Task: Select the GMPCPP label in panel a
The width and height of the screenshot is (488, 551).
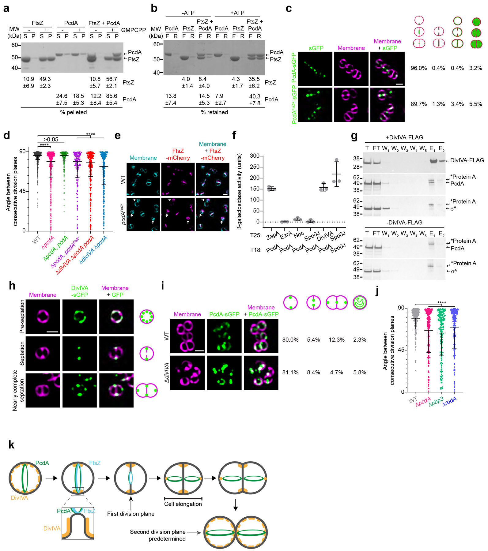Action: click(134, 30)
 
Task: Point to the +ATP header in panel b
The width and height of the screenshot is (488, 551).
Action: click(237, 13)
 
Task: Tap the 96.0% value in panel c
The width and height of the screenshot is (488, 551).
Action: click(418, 68)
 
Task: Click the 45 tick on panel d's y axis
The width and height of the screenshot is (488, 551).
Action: click(22, 191)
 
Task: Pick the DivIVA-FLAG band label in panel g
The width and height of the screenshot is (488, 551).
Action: click(467, 160)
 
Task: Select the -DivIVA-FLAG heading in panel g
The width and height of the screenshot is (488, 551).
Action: click(404, 223)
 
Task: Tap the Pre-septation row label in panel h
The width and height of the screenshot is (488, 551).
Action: click(22, 317)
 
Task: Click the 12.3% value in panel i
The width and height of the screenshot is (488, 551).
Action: click(336, 340)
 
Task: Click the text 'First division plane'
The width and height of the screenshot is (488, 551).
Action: click(131, 514)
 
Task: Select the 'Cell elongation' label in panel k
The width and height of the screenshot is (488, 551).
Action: click(183, 504)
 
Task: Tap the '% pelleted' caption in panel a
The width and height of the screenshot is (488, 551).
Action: click(73, 112)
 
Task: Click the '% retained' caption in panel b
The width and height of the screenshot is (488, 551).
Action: click(214, 112)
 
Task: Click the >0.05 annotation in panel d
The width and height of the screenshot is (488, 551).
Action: click(51, 140)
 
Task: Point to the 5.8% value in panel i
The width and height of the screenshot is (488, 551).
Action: click(360, 373)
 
